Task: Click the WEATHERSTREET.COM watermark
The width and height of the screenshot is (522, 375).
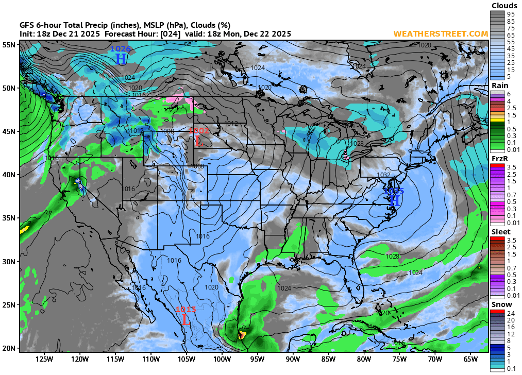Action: (441, 33)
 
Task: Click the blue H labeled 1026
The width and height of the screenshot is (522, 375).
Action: (121, 59)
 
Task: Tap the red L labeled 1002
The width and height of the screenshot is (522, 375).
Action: (198, 141)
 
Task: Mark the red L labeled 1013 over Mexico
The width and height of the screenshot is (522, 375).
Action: (186, 319)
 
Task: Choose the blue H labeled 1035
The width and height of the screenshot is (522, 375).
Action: (394, 200)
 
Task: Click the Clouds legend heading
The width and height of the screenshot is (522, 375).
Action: (504, 6)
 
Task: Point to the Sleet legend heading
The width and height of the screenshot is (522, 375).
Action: (501, 232)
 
